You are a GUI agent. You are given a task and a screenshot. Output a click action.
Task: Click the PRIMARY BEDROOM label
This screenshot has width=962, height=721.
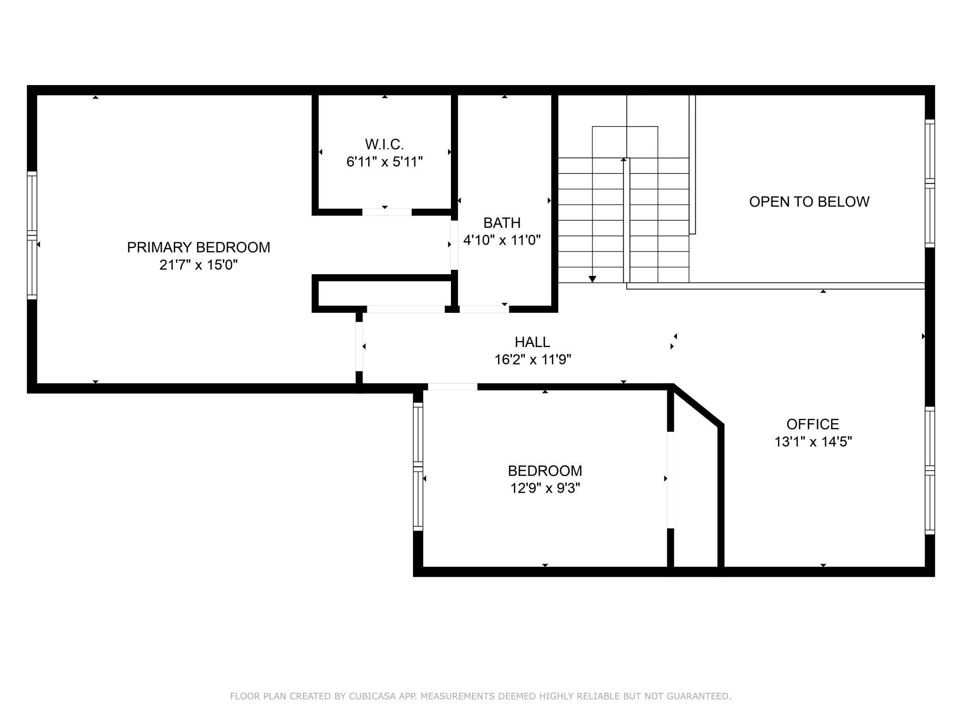tap(198, 247)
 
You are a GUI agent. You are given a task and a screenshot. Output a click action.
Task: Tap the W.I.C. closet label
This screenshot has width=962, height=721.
tap(384, 144)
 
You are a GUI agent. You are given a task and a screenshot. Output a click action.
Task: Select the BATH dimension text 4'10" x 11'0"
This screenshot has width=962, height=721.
tap(502, 240)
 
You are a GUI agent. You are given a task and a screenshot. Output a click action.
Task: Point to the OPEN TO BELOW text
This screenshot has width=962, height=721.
tap(809, 202)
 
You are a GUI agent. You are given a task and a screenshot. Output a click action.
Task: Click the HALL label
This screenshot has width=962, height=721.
tap(532, 342)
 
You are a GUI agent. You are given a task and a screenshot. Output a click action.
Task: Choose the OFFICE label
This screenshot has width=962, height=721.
tap(813, 424)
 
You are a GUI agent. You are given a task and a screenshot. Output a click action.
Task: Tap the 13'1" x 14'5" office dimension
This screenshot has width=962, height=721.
tap(813, 442)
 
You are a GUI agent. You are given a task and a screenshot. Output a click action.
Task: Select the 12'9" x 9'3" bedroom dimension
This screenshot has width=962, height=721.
tap(545, 488)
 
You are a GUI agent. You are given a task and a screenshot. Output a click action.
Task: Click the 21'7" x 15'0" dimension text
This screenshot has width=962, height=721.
tap(198, 265)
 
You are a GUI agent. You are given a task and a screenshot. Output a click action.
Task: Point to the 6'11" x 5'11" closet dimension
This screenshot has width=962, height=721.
tap(384, 162)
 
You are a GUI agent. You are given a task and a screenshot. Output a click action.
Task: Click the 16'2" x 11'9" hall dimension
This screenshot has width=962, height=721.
tap(532, 360)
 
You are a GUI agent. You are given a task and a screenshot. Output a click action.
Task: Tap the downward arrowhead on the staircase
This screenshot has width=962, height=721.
tap(592, 279)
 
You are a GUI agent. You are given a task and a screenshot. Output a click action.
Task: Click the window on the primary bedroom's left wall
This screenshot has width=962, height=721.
tap(32, 235)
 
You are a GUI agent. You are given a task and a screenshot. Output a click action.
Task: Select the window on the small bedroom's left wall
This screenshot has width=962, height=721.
tap(418, 466)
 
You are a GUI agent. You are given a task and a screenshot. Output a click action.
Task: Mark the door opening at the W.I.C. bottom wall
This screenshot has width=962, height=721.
tap(387, 212)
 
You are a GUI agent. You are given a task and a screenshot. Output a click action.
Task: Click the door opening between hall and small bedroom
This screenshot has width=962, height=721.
tap(452, 387)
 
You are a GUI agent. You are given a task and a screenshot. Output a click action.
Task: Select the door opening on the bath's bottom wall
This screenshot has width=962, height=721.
tap(484, 309)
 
